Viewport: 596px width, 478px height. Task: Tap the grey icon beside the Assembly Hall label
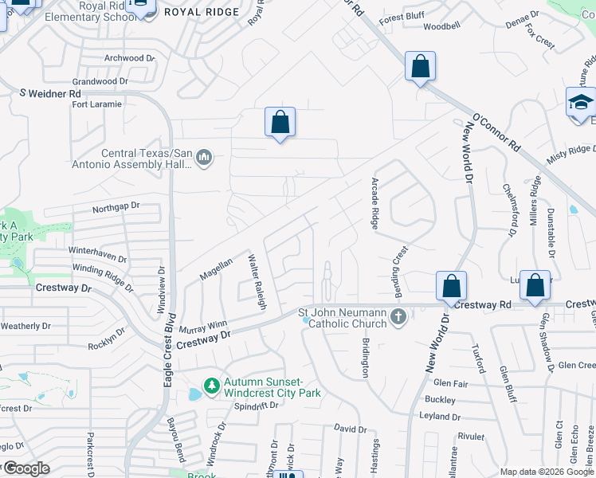205,157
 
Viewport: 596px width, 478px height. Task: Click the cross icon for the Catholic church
398,319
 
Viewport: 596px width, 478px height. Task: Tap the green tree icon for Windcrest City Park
211,386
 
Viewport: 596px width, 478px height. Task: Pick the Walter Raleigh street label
256,282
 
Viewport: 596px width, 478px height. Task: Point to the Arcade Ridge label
374,203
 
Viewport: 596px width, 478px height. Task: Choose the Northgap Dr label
116,206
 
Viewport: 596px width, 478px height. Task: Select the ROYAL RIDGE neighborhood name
202,12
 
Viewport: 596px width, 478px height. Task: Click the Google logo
25,468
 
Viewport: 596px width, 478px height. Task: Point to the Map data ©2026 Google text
547,472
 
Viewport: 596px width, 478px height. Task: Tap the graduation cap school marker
581,104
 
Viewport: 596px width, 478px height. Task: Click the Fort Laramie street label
97,104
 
